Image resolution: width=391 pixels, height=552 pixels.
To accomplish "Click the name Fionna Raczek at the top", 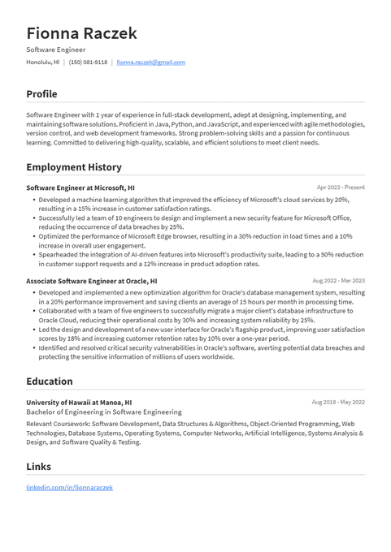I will point(81,33).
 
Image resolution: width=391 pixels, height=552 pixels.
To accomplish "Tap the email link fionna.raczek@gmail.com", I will point(150,62).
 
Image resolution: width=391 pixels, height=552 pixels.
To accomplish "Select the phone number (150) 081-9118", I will point(88,62).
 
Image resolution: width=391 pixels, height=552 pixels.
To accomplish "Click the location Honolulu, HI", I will point(42,62).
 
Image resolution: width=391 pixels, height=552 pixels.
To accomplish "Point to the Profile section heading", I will point(41,94).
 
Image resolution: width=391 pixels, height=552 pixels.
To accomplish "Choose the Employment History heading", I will point(74,167).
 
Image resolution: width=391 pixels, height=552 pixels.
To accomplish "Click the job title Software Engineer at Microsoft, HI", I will point(80,188).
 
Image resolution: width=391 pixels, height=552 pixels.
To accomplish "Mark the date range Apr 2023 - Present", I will point(341,188).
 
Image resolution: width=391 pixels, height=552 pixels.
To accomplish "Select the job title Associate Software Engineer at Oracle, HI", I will point(91,281).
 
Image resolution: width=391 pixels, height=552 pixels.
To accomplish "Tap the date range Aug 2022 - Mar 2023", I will point(338,281).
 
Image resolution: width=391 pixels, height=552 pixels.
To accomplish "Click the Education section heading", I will point(50,382).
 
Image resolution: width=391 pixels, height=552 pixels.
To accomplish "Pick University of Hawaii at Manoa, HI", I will point(79,402).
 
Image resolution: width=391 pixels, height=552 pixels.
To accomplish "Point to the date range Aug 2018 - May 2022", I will point(338,402).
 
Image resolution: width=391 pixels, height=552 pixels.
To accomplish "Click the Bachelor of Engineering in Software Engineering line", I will point(104,412).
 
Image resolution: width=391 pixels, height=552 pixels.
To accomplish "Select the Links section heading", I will point(38,467).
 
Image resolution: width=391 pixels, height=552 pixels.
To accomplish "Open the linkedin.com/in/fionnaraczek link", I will point(69,487).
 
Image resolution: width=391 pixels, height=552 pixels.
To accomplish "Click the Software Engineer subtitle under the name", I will point(56,50).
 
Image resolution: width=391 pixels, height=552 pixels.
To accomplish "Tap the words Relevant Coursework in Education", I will point(57,423).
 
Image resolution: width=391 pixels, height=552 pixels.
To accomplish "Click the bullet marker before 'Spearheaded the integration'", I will point(33,254).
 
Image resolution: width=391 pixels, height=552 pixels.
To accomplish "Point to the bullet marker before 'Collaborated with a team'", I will point(33,311).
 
